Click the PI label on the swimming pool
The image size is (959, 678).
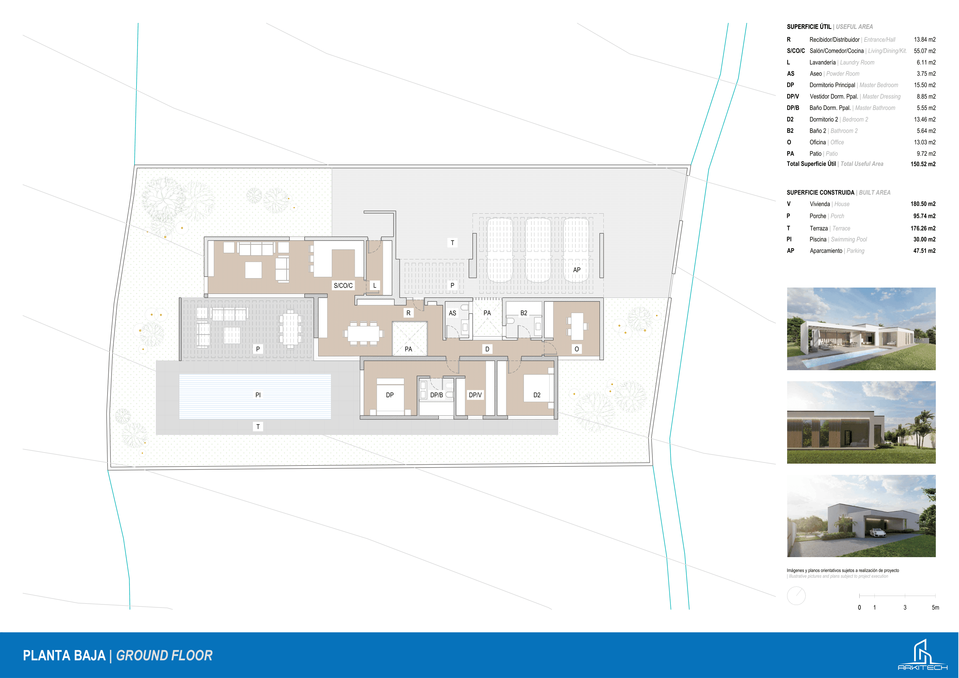[x=258, y=395]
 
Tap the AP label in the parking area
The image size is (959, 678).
[x=577, y=270]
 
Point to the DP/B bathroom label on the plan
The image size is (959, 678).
[x=436, y=395]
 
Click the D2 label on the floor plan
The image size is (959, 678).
[x=537, y=395]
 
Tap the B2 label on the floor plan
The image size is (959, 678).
[x=524, y=313]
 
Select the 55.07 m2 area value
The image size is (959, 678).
[x=924, y=51]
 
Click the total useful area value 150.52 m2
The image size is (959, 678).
[x=923, y=164]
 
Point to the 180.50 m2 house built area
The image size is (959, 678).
[x=923, y=204]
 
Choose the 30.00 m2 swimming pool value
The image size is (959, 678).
[x=924, y=239]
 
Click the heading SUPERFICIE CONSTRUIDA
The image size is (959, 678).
[x=820, y=192]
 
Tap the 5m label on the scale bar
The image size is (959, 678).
[x=935, y=607]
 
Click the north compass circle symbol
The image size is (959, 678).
[x=796, y=596]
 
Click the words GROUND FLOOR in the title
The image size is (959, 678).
[x=164, y=655]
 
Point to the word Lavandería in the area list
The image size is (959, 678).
[x=822, y=62]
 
